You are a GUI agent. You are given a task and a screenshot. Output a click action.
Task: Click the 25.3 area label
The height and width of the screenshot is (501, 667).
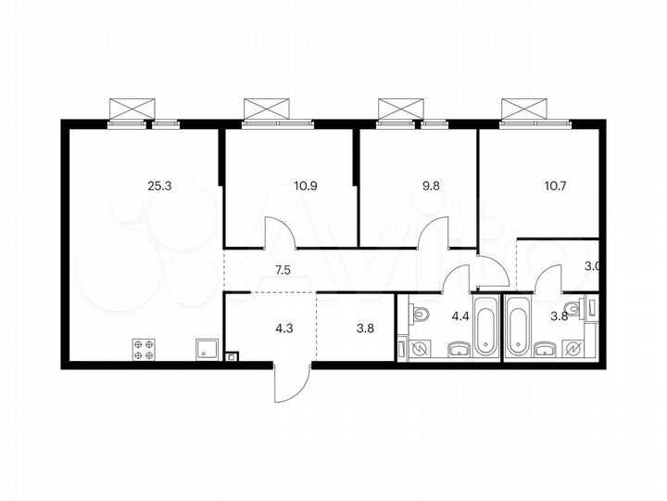[160, 186]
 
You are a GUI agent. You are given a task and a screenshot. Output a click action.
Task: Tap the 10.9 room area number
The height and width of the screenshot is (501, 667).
[306, 186]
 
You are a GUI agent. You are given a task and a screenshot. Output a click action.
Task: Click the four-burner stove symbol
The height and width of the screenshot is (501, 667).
[145, 348]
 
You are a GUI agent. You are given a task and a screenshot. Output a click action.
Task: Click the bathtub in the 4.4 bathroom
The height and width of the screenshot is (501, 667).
[486, 327]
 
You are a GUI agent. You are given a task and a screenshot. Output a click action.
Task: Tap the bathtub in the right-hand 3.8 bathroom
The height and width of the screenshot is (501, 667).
[517, 327]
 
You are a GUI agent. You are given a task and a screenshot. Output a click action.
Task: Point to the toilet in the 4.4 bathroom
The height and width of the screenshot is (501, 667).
[419, 315]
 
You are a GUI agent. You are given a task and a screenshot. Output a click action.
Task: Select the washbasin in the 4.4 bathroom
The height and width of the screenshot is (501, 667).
[458, 349]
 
